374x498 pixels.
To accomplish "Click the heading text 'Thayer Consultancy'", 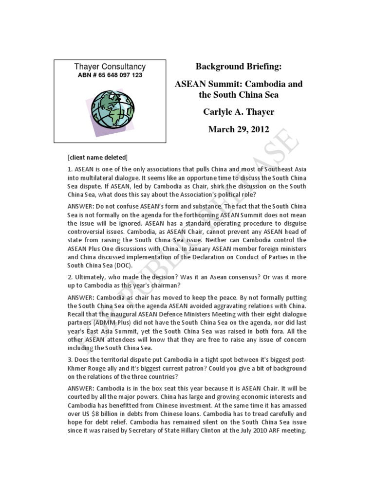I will point(110,67).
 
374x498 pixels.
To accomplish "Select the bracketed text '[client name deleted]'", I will point(98,157).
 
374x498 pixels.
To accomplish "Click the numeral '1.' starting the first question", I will point(70,169).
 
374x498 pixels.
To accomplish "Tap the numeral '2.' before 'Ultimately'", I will point(70,277).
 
